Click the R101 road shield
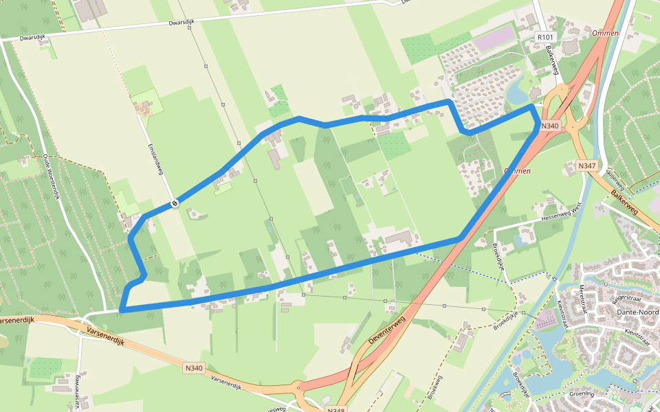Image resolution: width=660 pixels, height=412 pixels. (545, 37)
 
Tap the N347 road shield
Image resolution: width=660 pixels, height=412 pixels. (586, 166)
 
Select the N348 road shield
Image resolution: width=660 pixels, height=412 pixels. (335, 410)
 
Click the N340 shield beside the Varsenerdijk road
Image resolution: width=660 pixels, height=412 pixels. (194, 369)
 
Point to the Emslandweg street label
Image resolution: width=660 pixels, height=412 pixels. (159, 159)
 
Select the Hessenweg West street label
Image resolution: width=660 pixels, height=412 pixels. (562, 209)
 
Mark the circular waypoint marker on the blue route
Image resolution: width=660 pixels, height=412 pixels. (175, 203)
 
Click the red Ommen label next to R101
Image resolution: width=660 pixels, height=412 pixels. (605, 33)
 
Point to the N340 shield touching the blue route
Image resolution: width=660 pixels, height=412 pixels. (549, 126)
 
